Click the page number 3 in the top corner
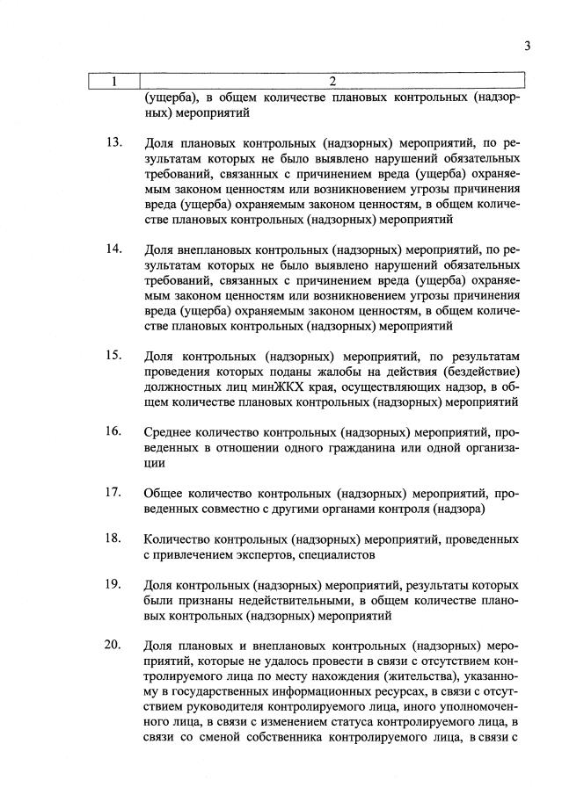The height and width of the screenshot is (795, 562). [527, 47]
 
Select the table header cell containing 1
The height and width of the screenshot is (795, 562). [113, 82]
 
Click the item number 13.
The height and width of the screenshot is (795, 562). [113, 142]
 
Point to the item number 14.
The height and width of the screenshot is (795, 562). [113, 249]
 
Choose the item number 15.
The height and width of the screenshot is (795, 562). [113, 356]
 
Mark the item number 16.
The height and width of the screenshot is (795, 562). [113, 431]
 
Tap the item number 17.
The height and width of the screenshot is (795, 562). [113, 491]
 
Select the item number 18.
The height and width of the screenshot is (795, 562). [113, 537]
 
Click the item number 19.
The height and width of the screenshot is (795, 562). [113, 583]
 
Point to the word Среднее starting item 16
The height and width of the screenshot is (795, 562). [169, 432]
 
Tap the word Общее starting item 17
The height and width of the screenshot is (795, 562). [164, 493]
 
